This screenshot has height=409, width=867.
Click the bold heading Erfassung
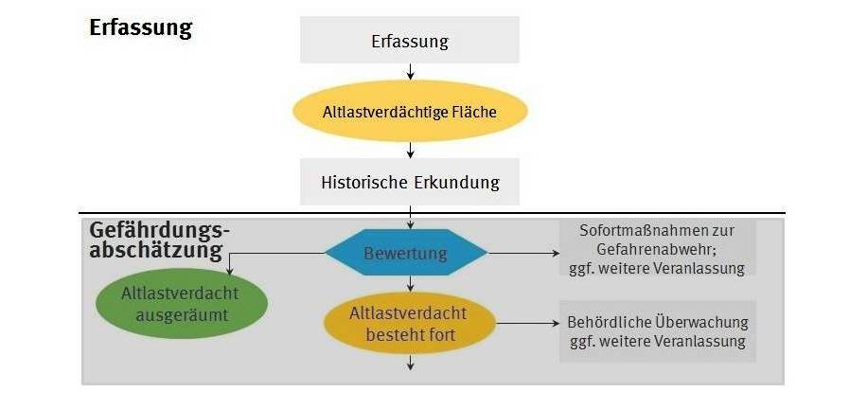140,27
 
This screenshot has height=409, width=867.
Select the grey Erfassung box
410,42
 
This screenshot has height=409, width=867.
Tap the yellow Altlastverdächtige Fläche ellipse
410,112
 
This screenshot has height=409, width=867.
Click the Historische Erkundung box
410,182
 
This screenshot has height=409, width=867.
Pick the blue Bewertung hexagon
406,254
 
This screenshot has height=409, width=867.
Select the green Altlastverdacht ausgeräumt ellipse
180,304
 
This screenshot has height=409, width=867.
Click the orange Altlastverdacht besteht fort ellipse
409,323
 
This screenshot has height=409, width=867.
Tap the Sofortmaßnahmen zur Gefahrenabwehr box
657,249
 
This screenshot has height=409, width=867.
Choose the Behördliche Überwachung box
658,331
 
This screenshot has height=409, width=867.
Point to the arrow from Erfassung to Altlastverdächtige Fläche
410,72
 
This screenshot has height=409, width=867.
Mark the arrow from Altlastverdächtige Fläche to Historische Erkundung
410,150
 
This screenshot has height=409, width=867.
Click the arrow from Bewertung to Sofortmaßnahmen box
522,254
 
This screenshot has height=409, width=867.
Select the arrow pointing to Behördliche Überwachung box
528,324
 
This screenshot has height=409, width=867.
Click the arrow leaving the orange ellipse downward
410,362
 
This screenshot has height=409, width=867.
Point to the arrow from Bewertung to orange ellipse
410,284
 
